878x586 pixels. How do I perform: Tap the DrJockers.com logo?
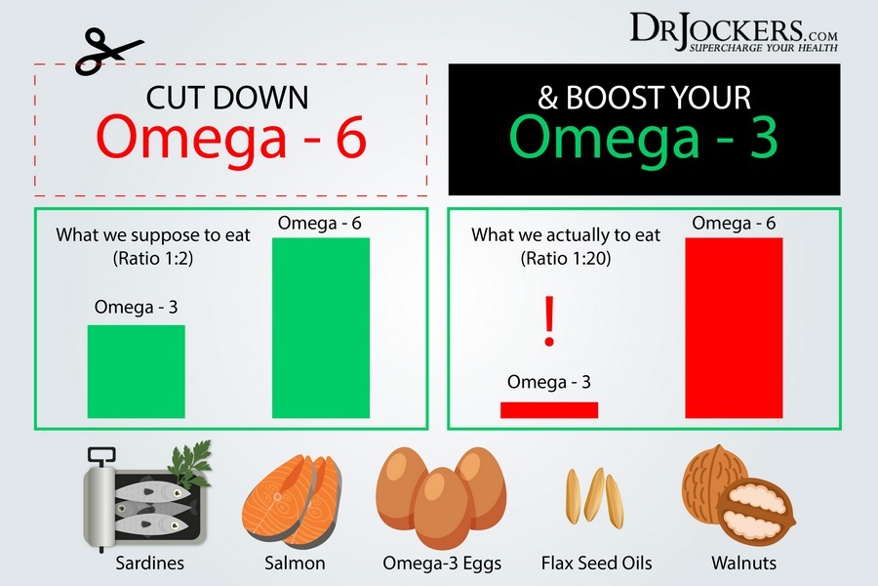(x=734, y=32)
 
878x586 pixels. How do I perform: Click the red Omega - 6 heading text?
(x=230, y=137)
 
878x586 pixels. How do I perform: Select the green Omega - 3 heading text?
(x=644, y=137)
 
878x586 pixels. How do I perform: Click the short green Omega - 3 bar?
(x=136, y=371)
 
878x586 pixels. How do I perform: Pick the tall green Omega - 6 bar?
(x=321, y=328)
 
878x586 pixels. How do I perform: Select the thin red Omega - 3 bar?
(x=549, y=410)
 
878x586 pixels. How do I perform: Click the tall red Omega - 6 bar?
(x=734, y=328)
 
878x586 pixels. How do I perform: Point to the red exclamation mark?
(x=549, y=321)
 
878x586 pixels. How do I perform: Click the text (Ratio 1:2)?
(x=153, y=259)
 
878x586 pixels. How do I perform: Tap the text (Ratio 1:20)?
(x=566, y=259)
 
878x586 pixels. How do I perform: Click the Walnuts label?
(x=743, y=563)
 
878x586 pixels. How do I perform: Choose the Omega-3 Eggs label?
(x=442, y=564)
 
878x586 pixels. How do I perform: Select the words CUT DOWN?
(x=227, y=98)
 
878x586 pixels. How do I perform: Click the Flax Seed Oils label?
(x=596, y=563)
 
